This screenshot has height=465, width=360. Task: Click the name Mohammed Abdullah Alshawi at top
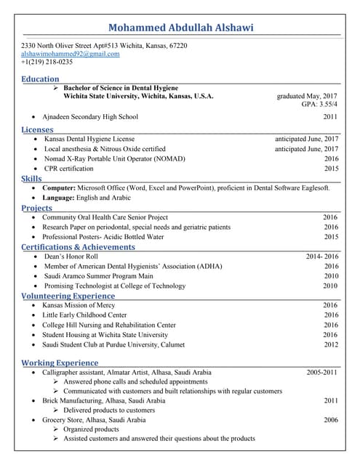180,28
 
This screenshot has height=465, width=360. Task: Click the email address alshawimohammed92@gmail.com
71,54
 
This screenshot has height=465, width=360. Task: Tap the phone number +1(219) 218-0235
47,62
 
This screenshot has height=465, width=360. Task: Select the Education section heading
40,78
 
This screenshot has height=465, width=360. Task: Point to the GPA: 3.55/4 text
319,105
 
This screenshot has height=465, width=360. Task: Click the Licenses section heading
37,129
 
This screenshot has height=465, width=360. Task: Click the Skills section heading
31,178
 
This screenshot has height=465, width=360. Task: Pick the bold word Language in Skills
58,198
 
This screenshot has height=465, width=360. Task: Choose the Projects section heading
36,208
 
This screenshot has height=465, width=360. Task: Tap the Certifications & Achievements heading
78,247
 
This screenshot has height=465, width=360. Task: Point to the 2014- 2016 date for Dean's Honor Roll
321,256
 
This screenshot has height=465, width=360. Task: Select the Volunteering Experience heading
68,296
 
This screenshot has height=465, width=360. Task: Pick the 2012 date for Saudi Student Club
331,345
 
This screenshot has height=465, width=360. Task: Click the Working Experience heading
60,362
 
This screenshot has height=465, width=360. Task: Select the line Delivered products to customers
109,411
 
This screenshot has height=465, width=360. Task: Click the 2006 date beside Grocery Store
331,420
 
